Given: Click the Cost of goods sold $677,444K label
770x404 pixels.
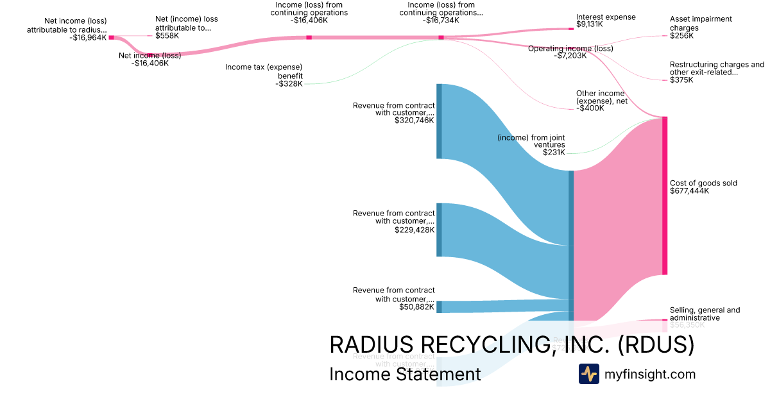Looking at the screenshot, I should tap(703, 187).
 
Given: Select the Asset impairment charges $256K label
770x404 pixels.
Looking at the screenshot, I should tap(701, 28).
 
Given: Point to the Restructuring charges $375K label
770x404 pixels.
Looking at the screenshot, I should tap(717, 72).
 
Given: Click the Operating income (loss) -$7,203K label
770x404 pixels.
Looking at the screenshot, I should tap(570, 52).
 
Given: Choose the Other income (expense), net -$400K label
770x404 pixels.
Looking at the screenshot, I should tap(600, 101).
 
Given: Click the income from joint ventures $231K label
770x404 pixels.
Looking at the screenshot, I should tap(531, 145).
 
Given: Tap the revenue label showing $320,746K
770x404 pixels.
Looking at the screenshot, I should tap(394, 113).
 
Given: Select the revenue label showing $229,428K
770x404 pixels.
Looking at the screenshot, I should tap(394, 221).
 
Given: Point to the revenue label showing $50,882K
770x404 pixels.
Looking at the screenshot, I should tap(394, 299).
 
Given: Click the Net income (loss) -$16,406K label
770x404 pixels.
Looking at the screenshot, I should tap(150, 59).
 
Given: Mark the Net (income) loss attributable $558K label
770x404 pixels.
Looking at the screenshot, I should tap(186, 28).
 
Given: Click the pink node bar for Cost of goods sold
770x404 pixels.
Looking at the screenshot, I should tap(665, 196).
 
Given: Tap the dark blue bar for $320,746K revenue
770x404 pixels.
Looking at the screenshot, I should tap(439, 121).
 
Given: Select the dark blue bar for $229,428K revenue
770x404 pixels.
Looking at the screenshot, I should tap(439, 230).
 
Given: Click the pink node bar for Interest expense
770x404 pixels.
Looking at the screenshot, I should tap(571, 29).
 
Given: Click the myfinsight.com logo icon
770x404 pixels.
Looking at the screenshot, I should tap(588, 374).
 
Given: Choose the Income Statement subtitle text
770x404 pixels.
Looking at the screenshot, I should tap(405, 375).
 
